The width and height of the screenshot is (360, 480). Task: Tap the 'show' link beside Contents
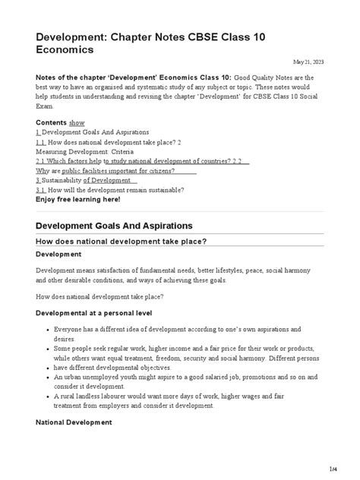77,122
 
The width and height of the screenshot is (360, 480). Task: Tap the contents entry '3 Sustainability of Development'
86,180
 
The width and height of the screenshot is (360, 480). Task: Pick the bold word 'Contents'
51,122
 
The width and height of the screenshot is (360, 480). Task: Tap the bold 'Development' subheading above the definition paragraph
59,254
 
